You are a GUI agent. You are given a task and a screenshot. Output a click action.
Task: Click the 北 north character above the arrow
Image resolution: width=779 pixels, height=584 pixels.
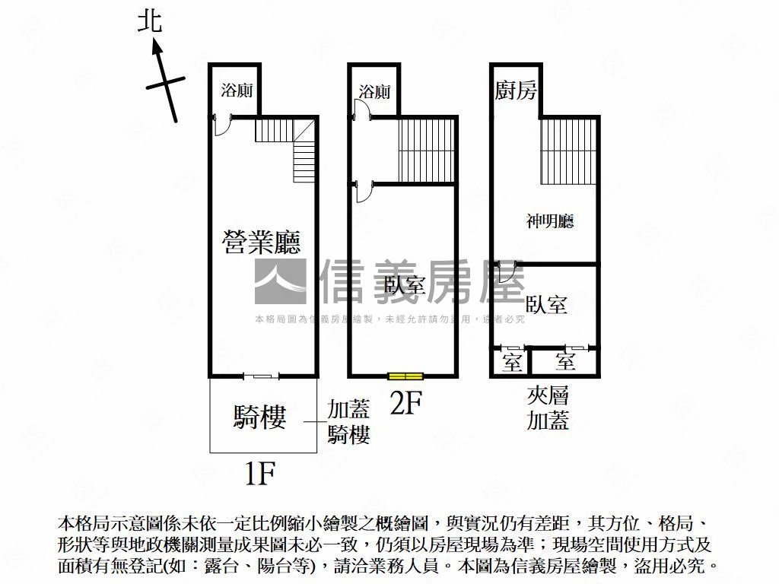150,21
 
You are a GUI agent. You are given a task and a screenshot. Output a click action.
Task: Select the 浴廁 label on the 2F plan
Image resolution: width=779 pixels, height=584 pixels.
374,92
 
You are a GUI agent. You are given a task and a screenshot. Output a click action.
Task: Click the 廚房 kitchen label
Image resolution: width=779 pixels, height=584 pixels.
516,91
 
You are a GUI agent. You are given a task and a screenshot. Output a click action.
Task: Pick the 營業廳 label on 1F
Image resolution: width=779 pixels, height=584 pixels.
261,242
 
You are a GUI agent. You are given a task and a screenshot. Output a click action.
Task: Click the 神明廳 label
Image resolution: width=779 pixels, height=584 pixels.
550,221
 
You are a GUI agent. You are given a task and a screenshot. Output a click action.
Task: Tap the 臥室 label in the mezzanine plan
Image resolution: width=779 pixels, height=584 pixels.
546,305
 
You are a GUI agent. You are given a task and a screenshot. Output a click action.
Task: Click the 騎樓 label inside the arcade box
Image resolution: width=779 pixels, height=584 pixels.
259,417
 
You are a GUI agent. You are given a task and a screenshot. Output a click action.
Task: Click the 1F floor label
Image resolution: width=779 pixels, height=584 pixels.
259,474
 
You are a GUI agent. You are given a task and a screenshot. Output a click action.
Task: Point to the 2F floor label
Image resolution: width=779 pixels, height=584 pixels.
405,401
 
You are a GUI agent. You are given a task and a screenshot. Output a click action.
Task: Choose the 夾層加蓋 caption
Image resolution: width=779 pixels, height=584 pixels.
548,408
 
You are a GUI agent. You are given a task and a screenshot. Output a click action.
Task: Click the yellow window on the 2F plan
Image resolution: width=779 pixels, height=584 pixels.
405,376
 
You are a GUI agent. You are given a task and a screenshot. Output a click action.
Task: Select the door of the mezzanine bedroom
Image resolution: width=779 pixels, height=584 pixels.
507,270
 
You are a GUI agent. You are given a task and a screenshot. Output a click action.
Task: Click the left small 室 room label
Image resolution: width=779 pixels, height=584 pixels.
512,362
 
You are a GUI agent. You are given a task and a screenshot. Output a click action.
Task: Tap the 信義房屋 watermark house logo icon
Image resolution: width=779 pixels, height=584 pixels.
280,281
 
